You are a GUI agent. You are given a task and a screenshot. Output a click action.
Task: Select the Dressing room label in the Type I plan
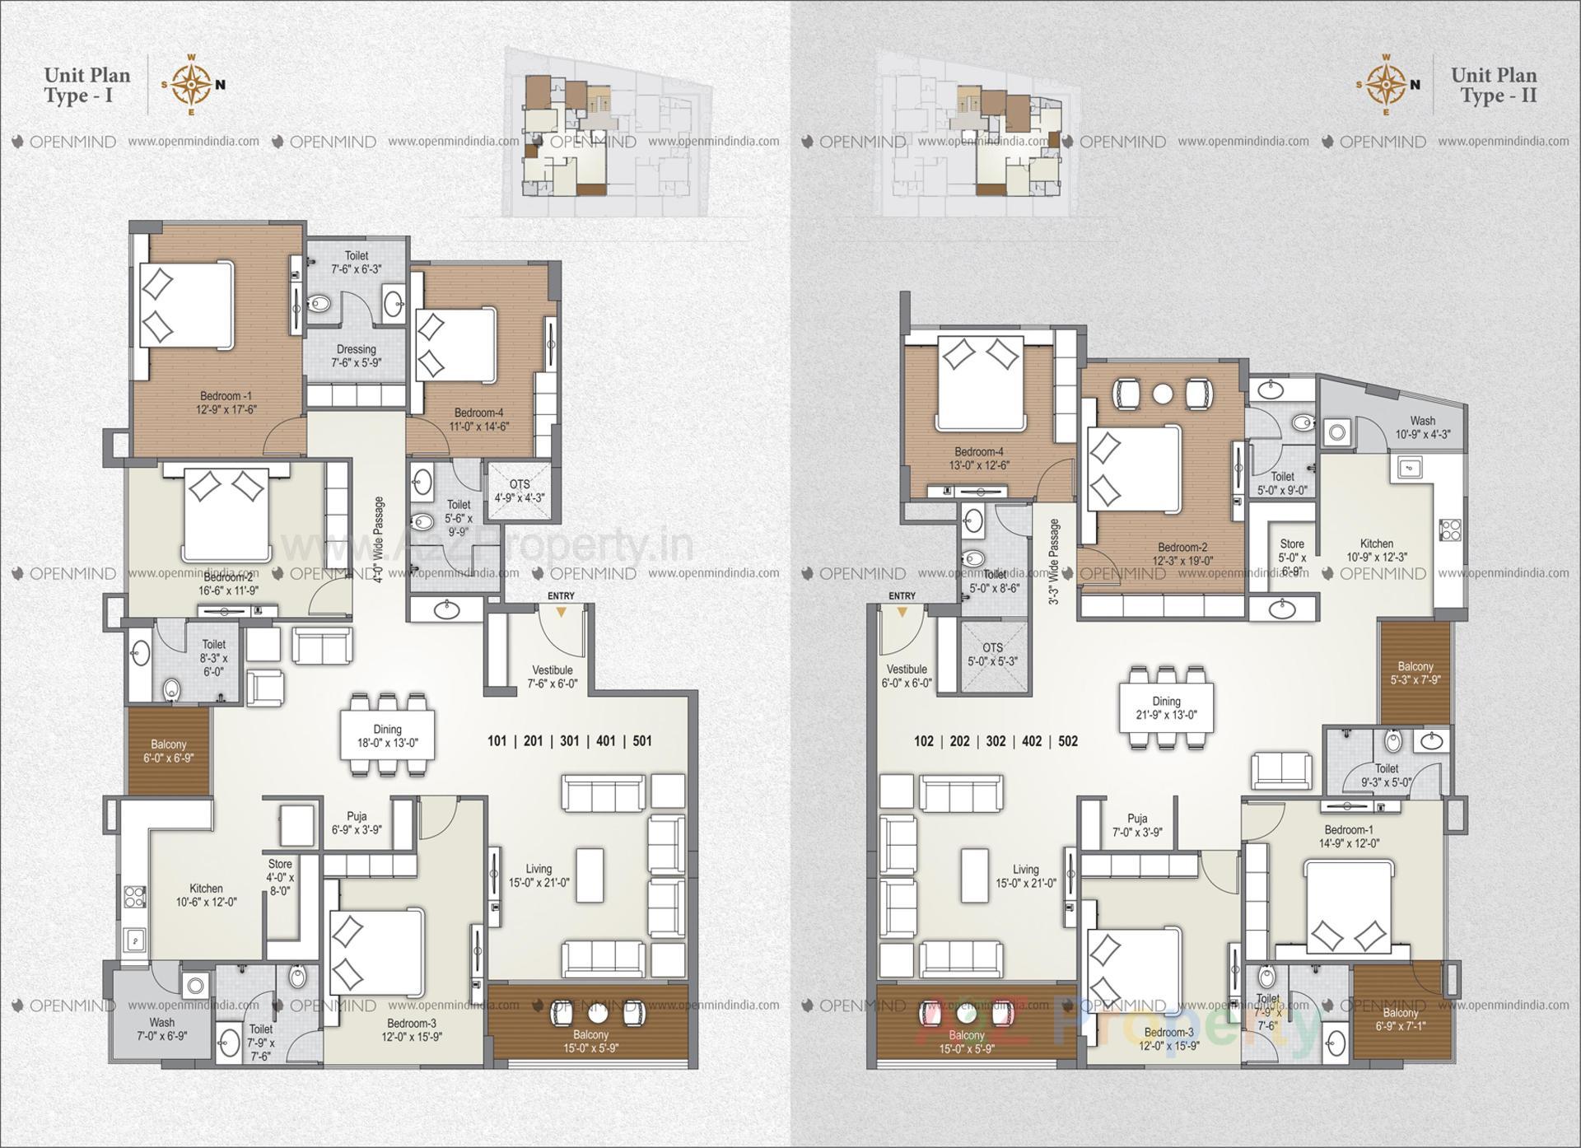(x=356, y=356)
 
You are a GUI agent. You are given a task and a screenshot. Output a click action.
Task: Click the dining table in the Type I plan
(x=388, y=735)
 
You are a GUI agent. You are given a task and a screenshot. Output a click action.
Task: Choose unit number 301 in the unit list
(x=569, y=741)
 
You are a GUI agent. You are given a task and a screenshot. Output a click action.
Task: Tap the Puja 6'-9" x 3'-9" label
(x=357, y=824)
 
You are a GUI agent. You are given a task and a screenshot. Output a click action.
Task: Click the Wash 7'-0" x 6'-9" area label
(x=162, y=1029)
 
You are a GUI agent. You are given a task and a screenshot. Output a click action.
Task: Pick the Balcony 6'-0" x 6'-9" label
(x=168, y=751)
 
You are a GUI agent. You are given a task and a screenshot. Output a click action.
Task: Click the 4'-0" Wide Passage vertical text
(x=379, y=539)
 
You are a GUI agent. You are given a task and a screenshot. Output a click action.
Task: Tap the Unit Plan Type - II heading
(x=1493, y=85)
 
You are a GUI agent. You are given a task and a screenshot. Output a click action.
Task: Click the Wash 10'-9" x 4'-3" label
(x=1422, y=427)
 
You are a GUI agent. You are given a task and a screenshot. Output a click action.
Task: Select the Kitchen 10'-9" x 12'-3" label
(x=1376, y=550)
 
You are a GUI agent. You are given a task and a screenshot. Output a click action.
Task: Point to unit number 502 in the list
(x=1068, y=741)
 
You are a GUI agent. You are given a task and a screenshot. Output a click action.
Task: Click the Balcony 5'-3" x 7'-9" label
(x=1415, y=673)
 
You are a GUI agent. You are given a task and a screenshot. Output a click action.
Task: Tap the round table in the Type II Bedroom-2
(x=1162, y=394)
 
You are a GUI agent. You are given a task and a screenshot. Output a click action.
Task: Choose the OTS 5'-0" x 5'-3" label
(x=992, y=654)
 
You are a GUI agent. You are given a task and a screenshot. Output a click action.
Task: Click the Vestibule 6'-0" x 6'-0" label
(x=906, y=676)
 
